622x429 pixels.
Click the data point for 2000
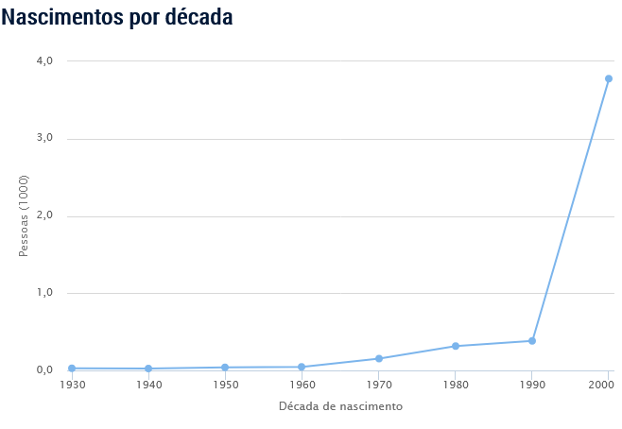coord(609,78)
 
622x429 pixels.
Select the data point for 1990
coord(532,341)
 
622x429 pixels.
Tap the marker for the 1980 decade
coord(456,346)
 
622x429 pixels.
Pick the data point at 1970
coord(378,358)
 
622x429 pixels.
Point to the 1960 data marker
coord(302,367)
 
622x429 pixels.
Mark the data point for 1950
coord(225,368)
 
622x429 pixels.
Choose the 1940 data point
coord(148,369)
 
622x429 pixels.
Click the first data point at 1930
coord(72,369)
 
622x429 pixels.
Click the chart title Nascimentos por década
coord(117,17)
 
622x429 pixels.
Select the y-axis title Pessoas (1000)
coord(25,216)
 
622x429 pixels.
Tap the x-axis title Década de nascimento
coord(340,406)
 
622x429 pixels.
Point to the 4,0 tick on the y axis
coord(44,61)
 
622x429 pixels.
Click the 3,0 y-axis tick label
coord(44,139)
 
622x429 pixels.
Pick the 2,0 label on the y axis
coord(44,216)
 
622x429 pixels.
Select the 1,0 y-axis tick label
coord(44,293)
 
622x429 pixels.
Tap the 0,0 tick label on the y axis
coord(44,370)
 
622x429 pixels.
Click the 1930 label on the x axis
coord(72,386)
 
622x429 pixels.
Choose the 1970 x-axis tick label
coord(378,386)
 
